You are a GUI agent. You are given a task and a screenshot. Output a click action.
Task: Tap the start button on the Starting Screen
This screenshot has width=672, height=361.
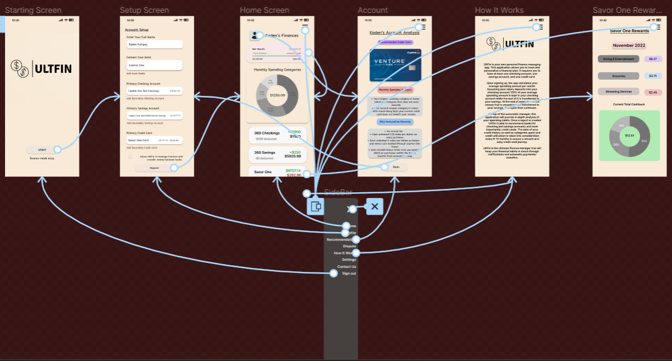(x=42, y=150)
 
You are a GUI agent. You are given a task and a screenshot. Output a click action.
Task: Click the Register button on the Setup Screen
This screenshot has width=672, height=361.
(x=154, y=168)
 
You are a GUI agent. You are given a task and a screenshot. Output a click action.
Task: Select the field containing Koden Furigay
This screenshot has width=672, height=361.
(x=155, y=44)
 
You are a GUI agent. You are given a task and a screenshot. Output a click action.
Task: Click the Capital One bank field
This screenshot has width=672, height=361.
(x=155, y=65)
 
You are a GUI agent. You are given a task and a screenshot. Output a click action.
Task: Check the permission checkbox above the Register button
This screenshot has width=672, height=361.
(x=130, y=157)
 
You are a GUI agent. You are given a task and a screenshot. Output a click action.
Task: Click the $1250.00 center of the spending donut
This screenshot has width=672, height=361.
(x=277, y=95)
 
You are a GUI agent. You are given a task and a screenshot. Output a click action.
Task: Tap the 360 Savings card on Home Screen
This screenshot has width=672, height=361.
(x=277, y=154)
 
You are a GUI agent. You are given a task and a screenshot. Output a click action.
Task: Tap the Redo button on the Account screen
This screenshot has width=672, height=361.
(x=396, y=167)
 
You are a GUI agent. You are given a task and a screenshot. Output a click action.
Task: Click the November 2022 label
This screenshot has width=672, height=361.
(x=629, y=45)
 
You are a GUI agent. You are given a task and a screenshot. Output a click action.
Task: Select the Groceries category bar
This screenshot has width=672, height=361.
(x=618, y=76)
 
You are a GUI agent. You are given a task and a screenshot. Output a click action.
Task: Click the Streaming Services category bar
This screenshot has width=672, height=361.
(x=618, y=92)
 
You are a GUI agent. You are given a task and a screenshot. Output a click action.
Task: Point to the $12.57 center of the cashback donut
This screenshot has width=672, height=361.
(x=629, y=136)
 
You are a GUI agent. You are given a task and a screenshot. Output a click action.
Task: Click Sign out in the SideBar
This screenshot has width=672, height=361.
(x=349, y=274)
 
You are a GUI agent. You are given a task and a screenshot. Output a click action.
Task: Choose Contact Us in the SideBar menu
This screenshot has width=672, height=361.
(x=346, y=267)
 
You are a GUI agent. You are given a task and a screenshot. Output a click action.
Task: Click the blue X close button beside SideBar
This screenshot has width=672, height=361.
(x=374, y=206)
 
